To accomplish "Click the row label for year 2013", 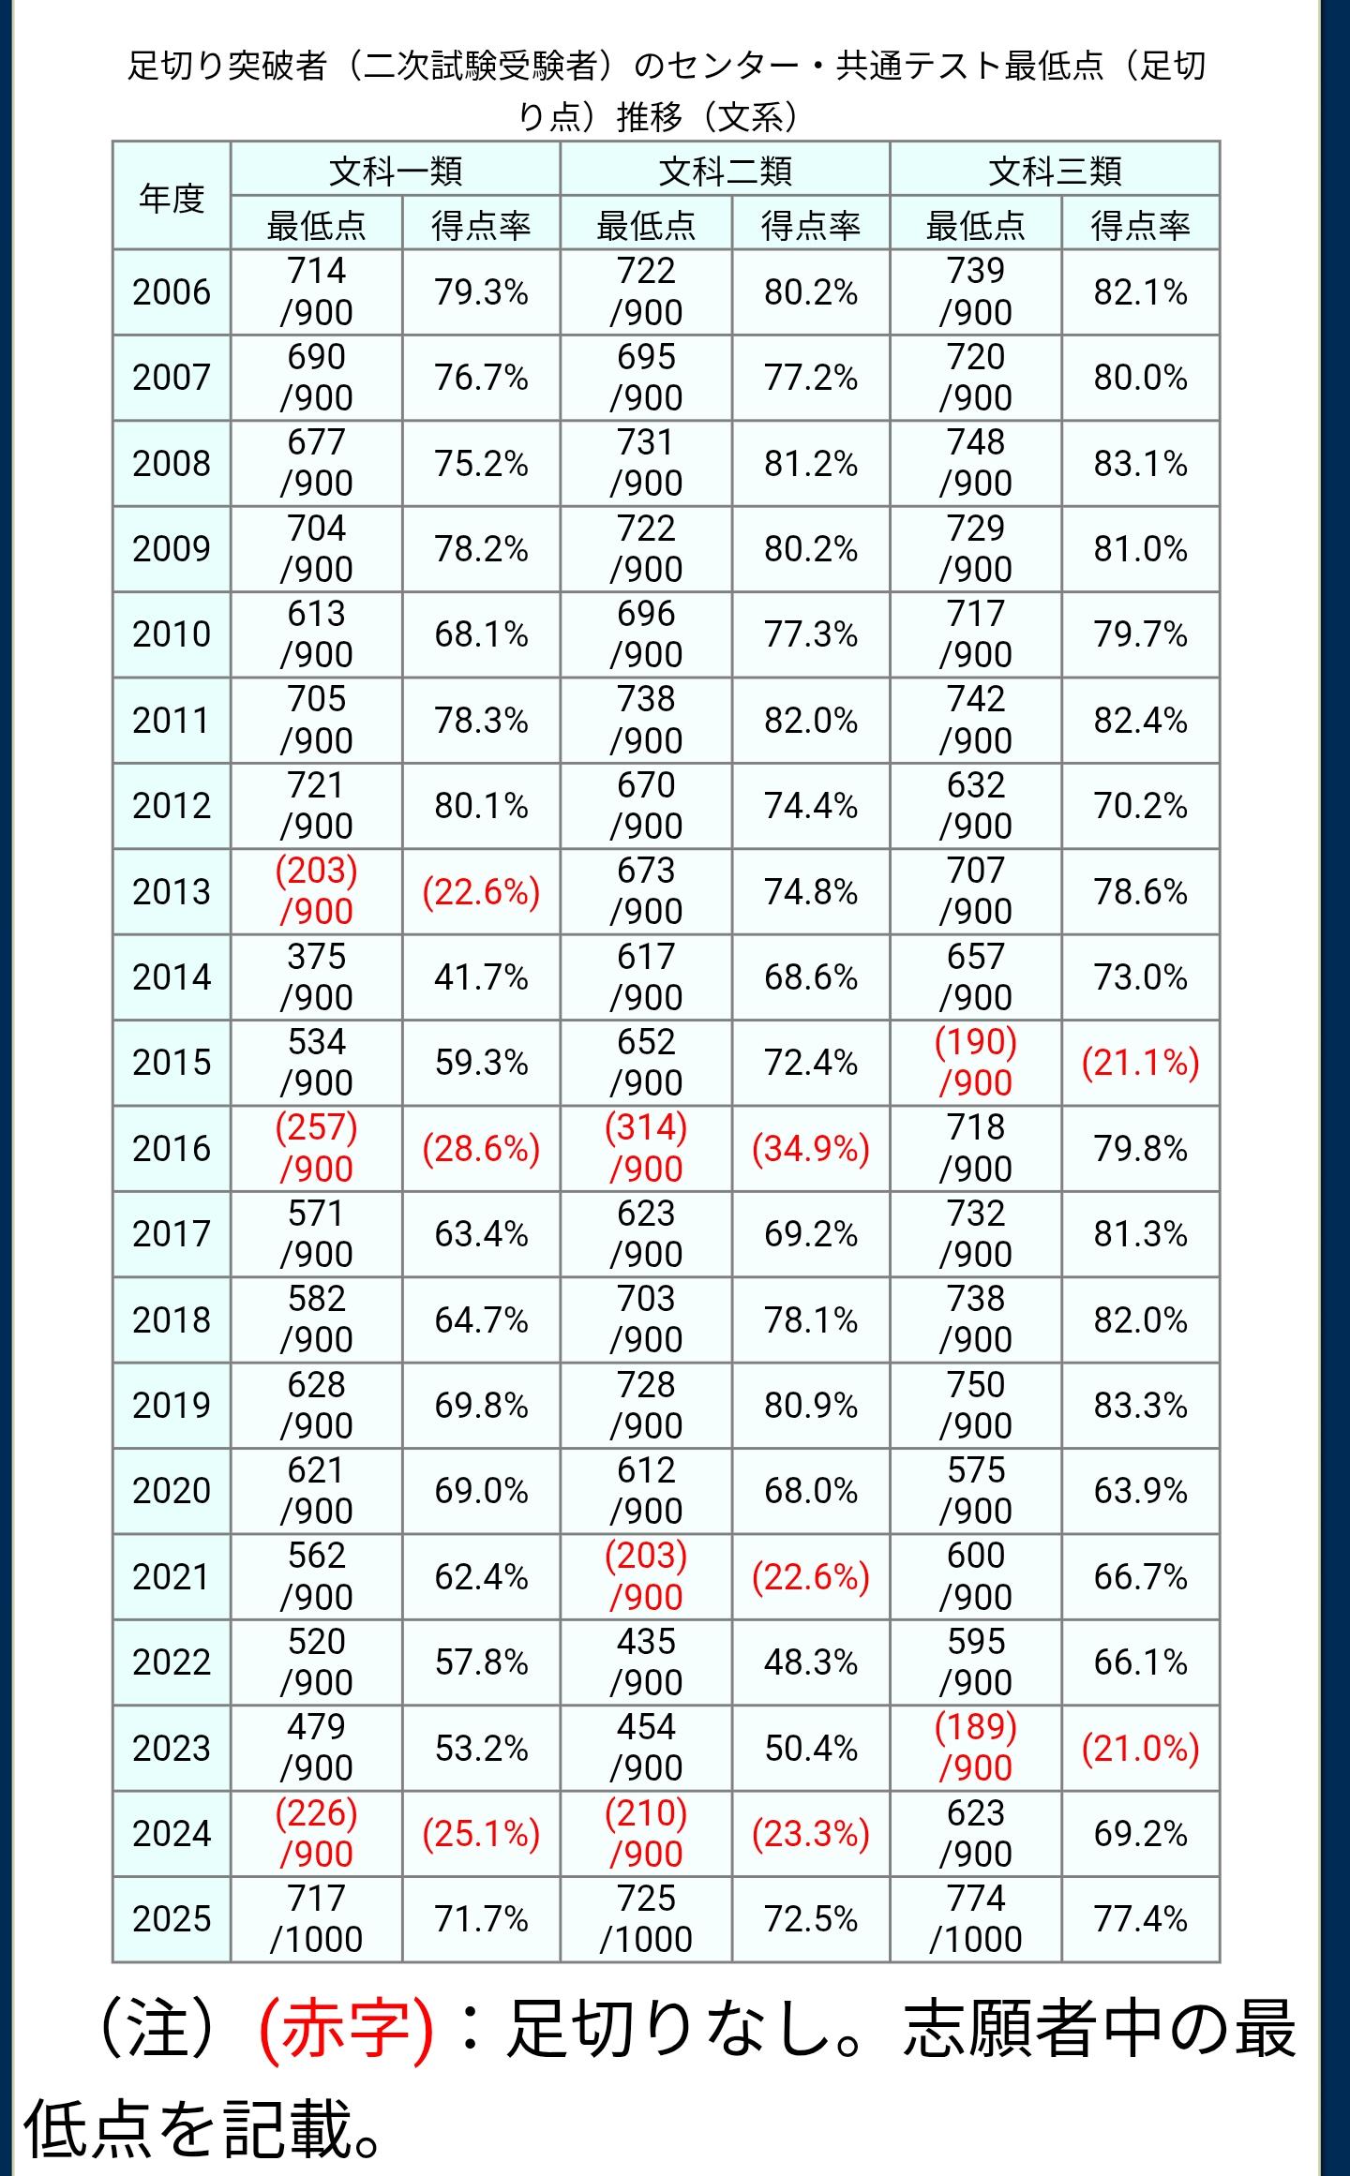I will tap(172, 891).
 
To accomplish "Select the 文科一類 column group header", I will tap(395, 171).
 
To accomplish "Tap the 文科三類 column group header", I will tap(1055, 171).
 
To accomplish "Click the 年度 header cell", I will tap(172, 197).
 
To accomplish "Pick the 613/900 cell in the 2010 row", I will tap(317, 634).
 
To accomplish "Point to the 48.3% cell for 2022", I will tap(811, 1662).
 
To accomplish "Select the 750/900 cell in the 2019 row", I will tap(976, 1405).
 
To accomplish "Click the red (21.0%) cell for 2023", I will tap(1140, 1749).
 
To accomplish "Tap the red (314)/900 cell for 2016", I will tap(646, 1148).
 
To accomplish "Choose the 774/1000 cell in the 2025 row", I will tap(976, 1919).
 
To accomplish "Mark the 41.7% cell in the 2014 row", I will tap(481, 977).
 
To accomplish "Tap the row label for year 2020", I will tap(172, 1491).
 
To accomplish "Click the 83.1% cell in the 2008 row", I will tap(1140, 464).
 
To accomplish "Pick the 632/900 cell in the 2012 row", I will tap(976, 806).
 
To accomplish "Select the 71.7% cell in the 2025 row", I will tap(481, 1919).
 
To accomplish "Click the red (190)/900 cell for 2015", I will tap(976, 1063).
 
